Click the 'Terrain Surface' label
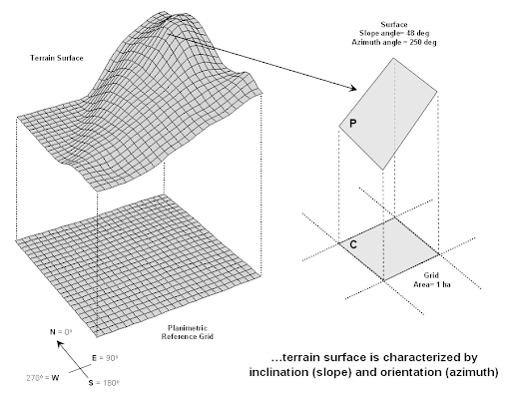[x=57, y=58]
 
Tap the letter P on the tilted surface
[x=353, y=124]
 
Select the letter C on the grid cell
[x=353, y=244]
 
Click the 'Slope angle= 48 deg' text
[x=394, y=33]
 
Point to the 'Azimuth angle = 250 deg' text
[x=394, y=42]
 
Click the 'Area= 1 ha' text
[x=432, y=284]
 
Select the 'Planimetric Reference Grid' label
[x=188, y=332]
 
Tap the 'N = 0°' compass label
[x=61, y=332]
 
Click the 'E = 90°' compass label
[x=105, y=358]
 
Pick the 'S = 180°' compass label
[x=104, y=383]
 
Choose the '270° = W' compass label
[x=43, y=378]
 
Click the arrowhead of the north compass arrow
[x=60, y=344]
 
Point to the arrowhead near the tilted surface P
[x=353, y=88]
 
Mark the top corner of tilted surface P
[x=394, y=58]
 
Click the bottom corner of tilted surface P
[x=383, y=170]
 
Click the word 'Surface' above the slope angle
[x=394, y=25]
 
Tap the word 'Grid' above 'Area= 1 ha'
[x=431, y=275]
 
